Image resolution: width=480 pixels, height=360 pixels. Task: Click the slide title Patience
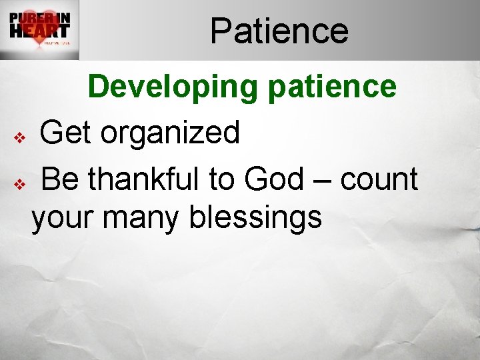[x=279, y=31]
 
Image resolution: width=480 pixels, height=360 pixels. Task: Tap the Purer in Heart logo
[x=39, y=30]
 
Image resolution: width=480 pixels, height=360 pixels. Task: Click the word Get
[x=66, y=133]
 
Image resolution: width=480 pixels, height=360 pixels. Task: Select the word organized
[x=170, y=134]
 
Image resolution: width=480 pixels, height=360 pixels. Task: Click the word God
[x=273, y=179]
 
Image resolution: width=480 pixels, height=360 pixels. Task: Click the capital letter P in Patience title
[x=221, y=31]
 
